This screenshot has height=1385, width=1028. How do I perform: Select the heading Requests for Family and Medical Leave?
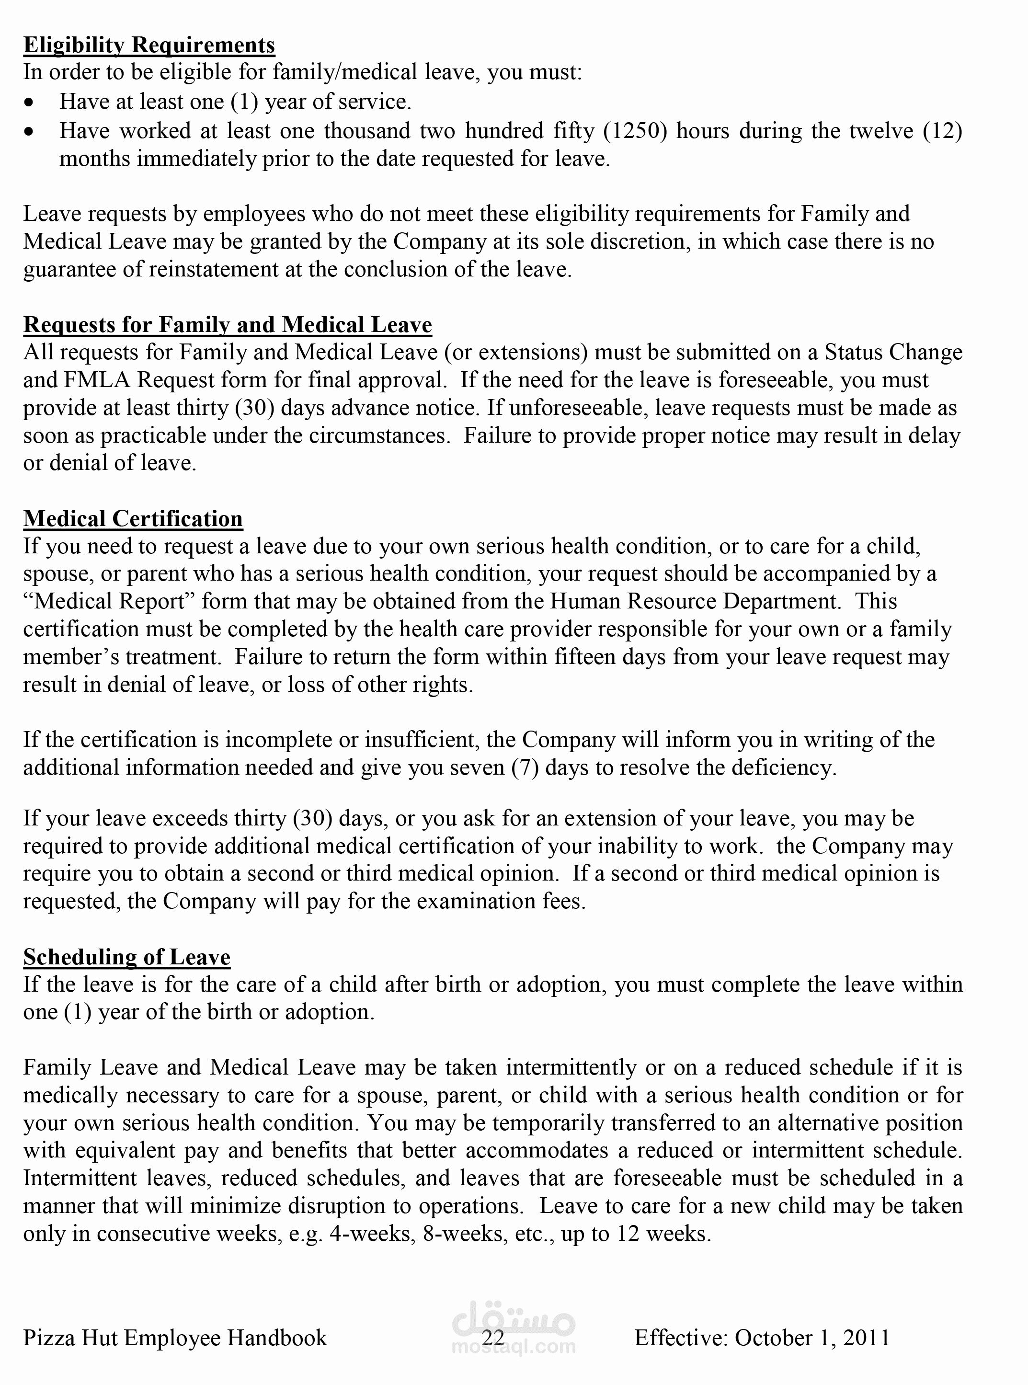tap(227, 325)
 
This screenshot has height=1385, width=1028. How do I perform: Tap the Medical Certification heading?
tap(133, 518)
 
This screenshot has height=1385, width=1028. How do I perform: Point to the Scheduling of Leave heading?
tap(126, 956)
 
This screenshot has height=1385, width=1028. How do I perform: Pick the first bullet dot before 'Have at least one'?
tap(29, 102)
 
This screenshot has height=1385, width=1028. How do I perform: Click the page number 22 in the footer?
tap(492, 1337)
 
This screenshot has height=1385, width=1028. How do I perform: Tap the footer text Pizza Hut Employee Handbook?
tap(175, 1337)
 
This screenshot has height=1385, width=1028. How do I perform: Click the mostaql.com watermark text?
tap(514, 1348)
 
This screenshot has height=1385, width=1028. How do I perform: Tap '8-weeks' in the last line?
tap(462, 1233)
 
